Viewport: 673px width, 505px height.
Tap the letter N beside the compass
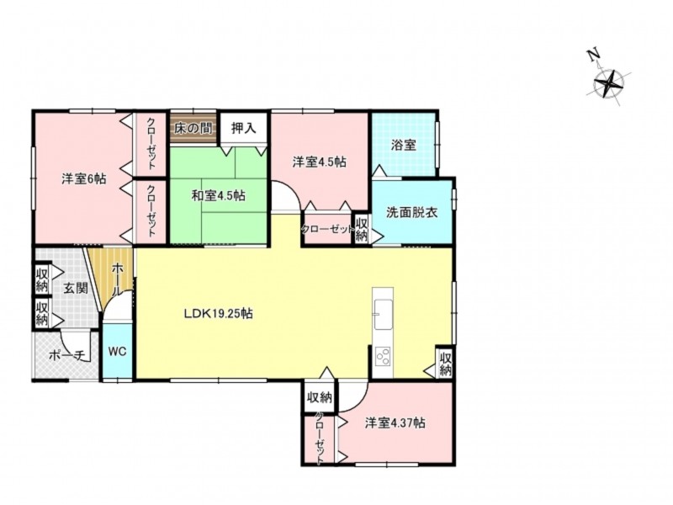[x=593, y=56]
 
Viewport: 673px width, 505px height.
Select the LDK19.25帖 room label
[x=218, y=313]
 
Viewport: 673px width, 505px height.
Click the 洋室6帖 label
[x=83, y=178]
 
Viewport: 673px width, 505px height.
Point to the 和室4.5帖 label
[x=218, y=196]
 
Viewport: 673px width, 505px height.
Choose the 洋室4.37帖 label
[x=395, y=423]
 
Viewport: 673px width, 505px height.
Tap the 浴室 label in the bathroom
[x=403, y=145]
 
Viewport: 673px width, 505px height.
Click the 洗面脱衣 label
[x=412, y=212]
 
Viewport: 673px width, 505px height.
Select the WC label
[x=117, y=351]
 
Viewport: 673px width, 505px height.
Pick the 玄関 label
[x=76, y=288]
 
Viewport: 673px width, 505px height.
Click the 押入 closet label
[x=243, y=128]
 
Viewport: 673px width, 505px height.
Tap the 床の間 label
[x=193, y=128]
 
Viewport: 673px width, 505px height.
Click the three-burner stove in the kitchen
[x=383, y=356]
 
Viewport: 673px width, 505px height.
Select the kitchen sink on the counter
[x=383, y=313]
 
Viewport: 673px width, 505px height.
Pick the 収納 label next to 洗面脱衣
[x=362, y=230]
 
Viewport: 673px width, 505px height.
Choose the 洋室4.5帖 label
[x=320, y=162]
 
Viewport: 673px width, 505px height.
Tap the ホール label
[x=115, y=279]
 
